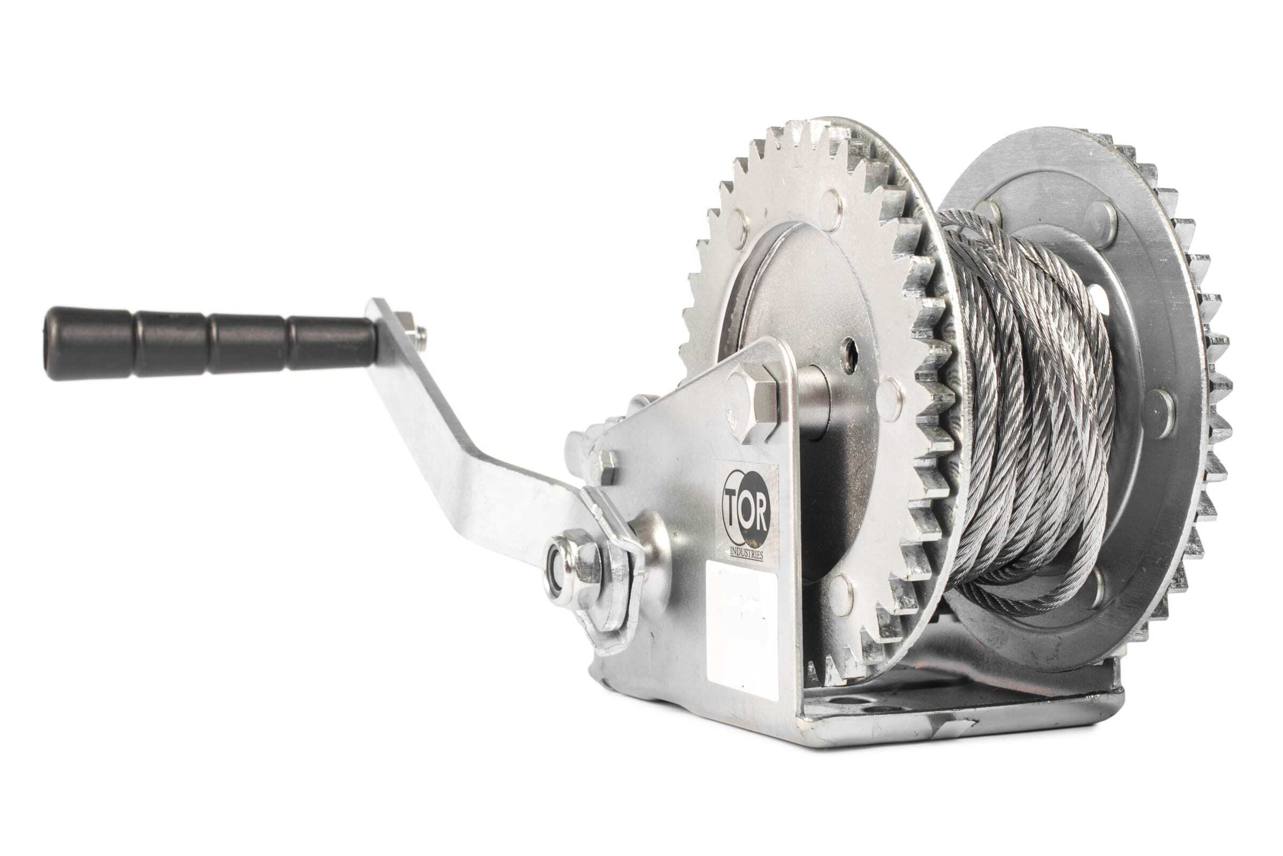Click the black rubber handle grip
click(210, 343)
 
